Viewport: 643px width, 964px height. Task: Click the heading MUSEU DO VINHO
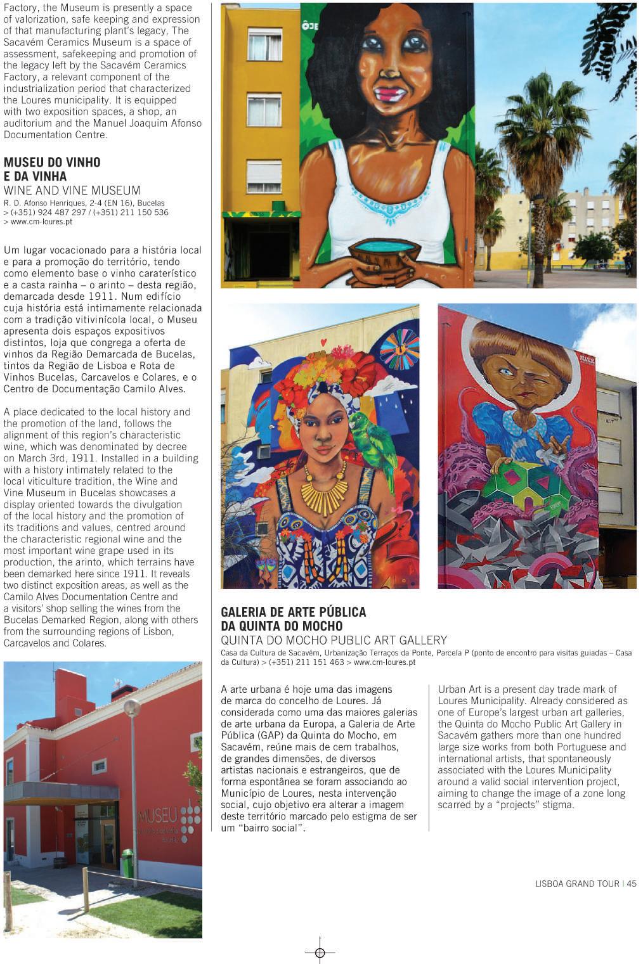coord(52,162)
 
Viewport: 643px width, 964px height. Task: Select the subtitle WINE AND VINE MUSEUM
coord(72,190)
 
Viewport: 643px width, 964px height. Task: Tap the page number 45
coord(632,884)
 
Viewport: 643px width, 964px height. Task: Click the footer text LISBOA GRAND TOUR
coord(577,884)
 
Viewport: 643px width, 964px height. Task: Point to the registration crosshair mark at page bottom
coord(320,953)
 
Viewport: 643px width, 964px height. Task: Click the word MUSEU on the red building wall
coord(157,815)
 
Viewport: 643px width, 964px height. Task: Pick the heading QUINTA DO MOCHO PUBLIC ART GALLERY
coord(334,640)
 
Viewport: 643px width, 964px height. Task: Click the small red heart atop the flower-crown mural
coord(323,342)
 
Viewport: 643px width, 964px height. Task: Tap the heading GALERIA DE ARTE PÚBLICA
coord(293,612)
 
